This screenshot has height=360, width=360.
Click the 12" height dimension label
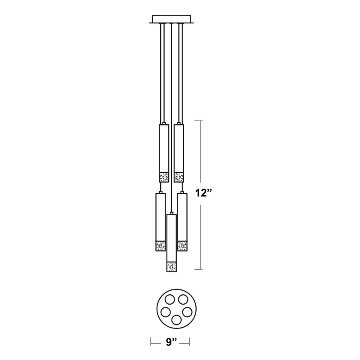[x=203, y=193]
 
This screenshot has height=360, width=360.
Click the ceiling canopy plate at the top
[x=171, y=19]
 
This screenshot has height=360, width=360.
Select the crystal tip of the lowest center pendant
[x=171, y=267]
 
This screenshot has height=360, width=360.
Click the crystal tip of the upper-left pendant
[x=164, y=177]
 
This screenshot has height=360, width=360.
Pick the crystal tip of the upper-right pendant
[x=179, y=177]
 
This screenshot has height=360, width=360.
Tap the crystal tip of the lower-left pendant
[x=161, y=246]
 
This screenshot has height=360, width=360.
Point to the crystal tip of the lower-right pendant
[x=182, y=246]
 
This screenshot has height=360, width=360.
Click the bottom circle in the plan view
[x=176, y=320]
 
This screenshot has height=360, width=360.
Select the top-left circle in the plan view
[x=170, y=300]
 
